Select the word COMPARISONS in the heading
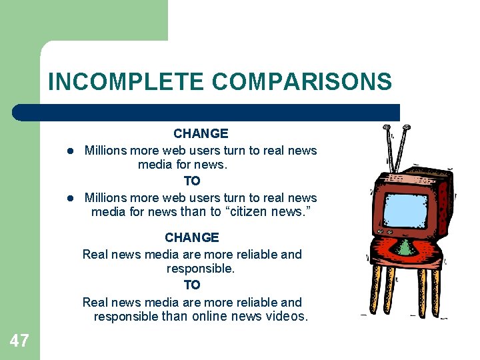click(302, 82)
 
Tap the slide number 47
click(19, 341)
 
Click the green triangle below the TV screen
click(405, 248)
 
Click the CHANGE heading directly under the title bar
click(201, 134)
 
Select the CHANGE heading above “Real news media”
click(192, 238)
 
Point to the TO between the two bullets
click(192, 181)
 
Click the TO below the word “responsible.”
click(192, 285)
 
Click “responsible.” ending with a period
click(201, 269)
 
